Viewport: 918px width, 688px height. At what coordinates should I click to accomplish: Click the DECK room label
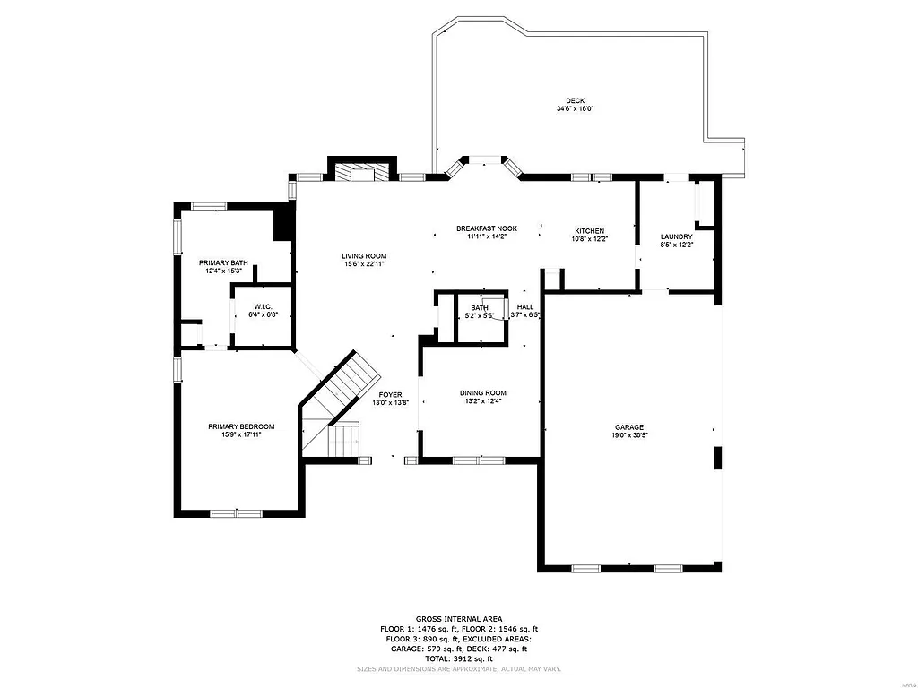(575, 100)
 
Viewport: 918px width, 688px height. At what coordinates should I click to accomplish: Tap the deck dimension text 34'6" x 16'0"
(575, 109)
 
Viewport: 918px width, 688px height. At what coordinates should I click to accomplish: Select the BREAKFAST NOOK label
(486, 228)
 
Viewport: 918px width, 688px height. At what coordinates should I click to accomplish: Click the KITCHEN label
(589, 231)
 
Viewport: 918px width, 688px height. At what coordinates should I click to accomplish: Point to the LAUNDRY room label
(677, 236)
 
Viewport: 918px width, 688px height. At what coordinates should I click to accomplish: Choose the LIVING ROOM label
(364, 256)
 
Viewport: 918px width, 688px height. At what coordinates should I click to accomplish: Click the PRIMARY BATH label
(223, 262)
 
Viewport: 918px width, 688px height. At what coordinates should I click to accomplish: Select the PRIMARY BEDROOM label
(241, 426)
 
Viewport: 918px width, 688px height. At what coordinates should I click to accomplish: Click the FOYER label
(390, 394)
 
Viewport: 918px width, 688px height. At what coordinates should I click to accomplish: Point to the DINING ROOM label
(483, 392)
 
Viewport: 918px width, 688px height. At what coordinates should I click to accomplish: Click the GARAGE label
(628, 427)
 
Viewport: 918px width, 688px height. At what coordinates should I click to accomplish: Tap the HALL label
(525, 307)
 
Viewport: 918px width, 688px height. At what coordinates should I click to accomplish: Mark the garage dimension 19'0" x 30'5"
(628, 436)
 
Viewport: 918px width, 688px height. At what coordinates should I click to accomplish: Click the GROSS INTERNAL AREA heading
(458, 619)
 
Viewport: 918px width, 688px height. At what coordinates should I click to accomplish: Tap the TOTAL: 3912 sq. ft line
(458, 658)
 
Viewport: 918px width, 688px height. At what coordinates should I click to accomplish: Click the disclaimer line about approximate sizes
(458, 668)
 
